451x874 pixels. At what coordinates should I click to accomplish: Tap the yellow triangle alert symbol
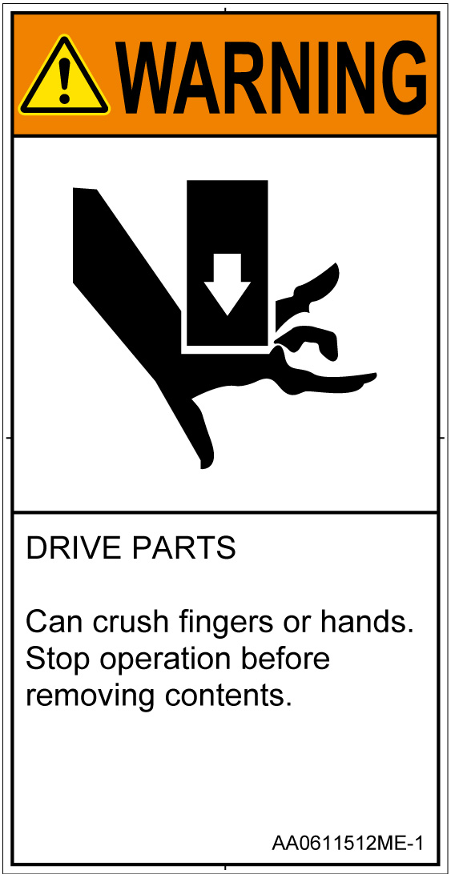tap(65, 77)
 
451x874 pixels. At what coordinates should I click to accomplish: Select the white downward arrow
tap(227, 284)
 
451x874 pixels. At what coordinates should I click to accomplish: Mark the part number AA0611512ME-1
tap(347, 842)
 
